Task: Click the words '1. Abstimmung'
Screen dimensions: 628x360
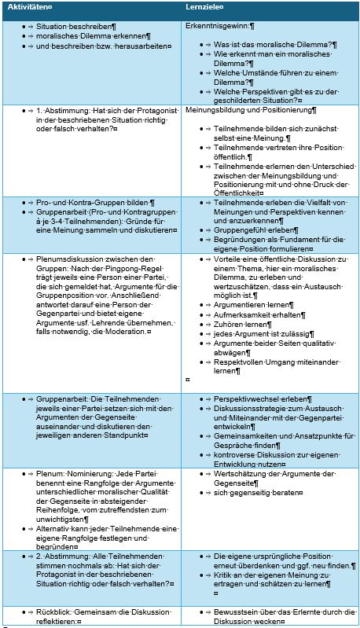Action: tap(66, 111)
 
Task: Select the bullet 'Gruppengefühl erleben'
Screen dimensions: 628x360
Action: tap(252, 230)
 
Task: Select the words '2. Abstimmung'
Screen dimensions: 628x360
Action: tap(66, 556)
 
